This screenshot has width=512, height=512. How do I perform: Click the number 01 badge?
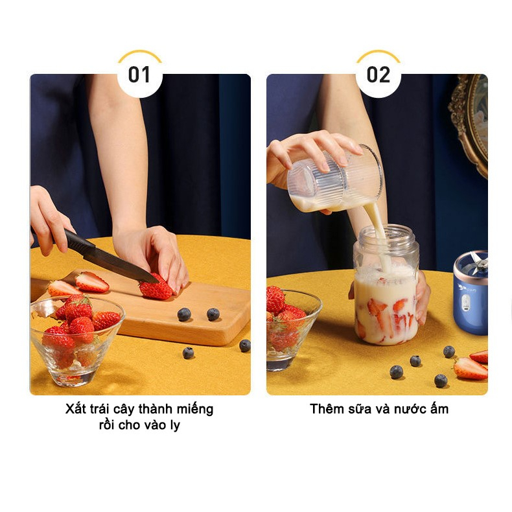click(139, 75)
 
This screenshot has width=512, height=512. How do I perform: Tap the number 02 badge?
click(378, 75)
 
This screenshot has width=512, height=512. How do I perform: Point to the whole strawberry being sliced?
click(156, 287)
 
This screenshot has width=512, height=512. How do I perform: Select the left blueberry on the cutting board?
click(184, 314)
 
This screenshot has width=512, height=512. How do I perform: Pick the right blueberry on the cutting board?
click(213, 314)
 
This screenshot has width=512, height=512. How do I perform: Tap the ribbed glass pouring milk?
click(334, 178)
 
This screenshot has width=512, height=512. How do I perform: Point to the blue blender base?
click(471, 293)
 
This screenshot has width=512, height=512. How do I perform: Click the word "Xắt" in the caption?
click(75, 409)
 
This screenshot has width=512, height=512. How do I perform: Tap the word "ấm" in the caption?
click(439, 408)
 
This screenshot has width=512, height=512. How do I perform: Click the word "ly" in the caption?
click(175, 425)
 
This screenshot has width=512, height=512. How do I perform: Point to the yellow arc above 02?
click(378, 53)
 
